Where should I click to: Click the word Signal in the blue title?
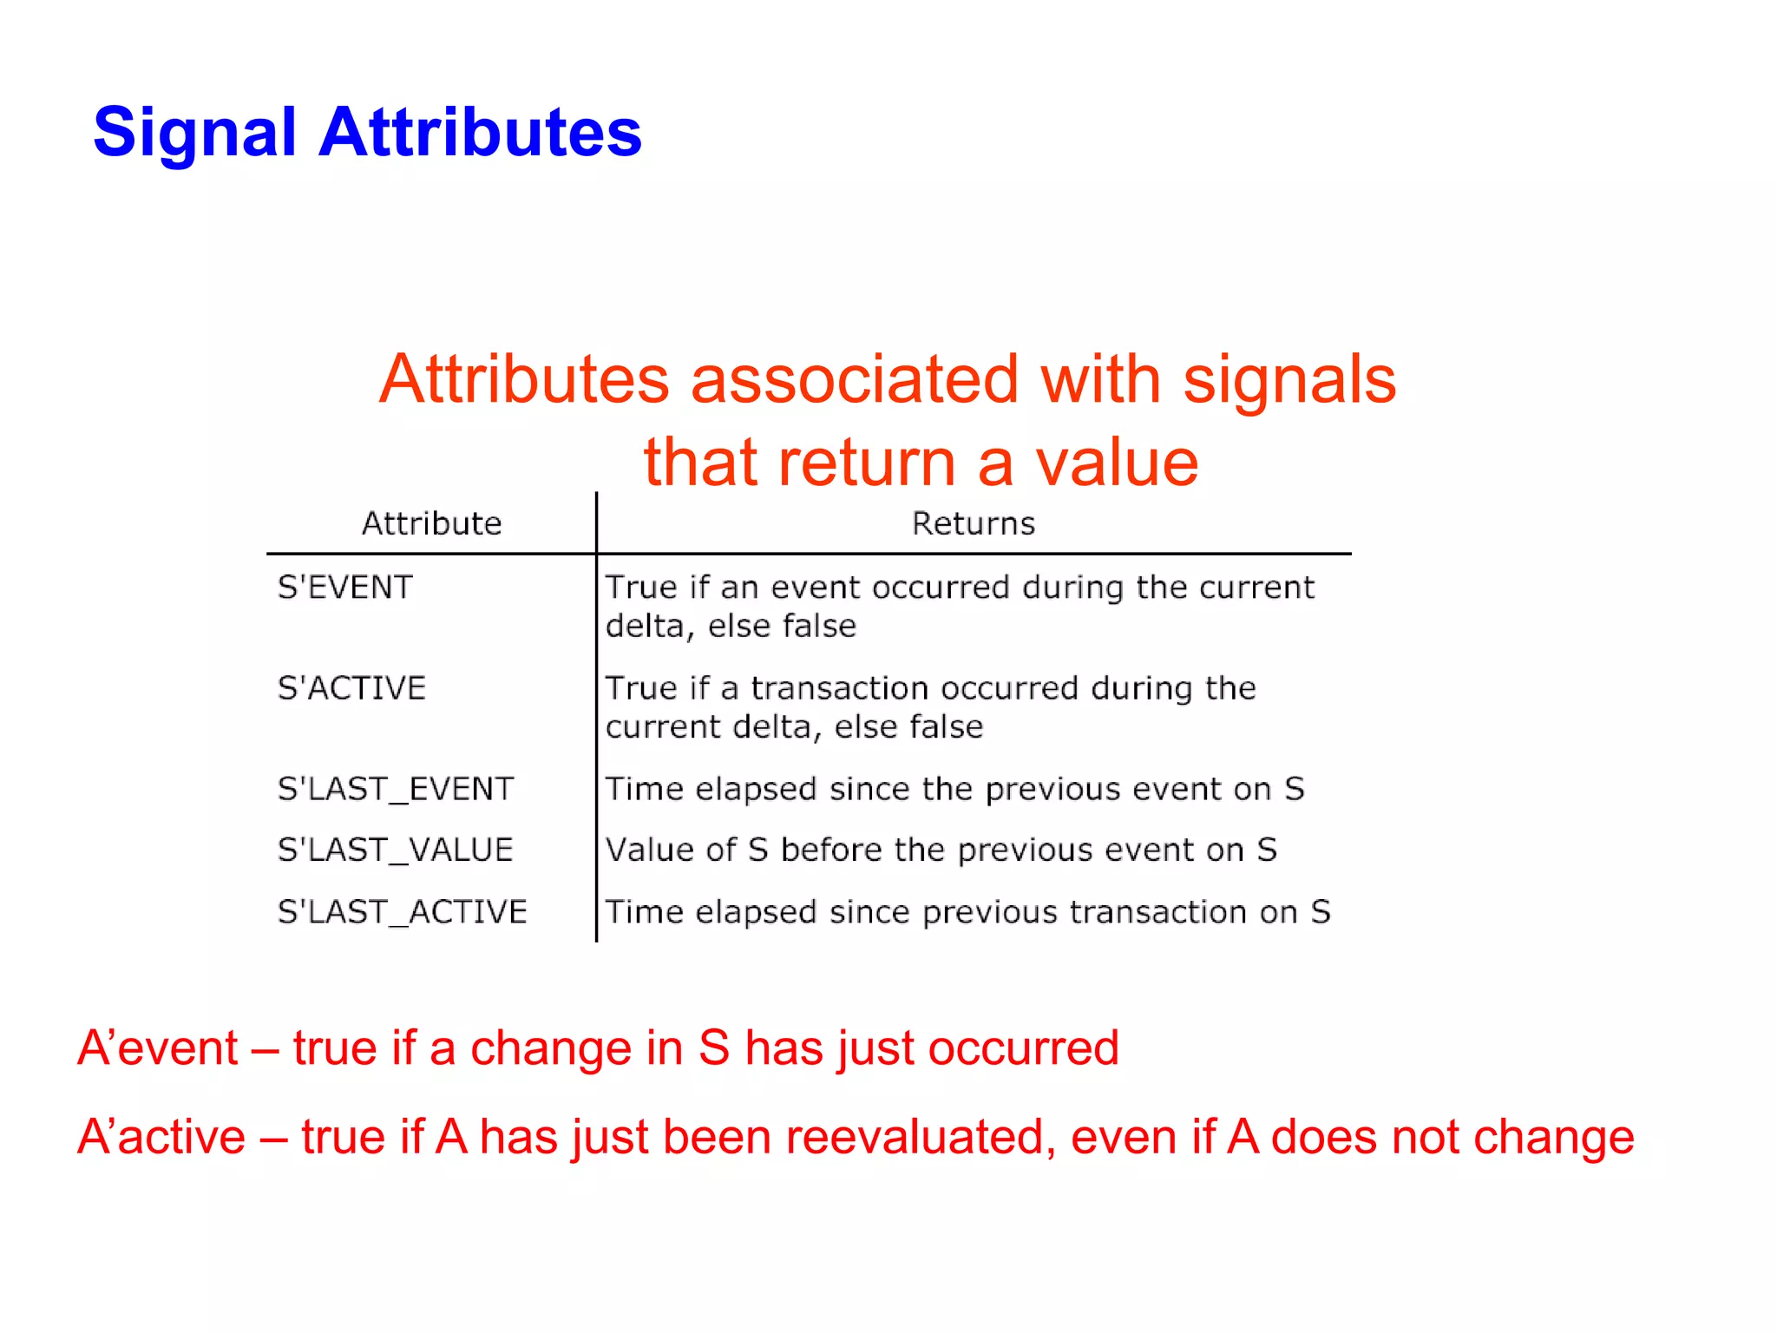pos(194,133)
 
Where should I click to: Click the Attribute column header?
pos(431,524)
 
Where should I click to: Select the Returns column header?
pos(973,524)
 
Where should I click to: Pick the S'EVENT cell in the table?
pos(344,588)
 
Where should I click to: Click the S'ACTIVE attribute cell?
pos(351,688)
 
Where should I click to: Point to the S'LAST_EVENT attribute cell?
pos(396,789)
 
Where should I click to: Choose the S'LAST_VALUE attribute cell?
pos(395,850)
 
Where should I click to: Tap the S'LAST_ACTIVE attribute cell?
pos(402,912)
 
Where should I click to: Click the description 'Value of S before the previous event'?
pos(941,850)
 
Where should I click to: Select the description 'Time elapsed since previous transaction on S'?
pos(967,912)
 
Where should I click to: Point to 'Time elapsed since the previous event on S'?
pos(954,789)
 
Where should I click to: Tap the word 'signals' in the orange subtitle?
pos(1289,380)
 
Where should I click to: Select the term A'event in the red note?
pos(157,1047)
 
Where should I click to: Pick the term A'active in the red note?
pos(161,1137)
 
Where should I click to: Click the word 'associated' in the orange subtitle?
pos(854,380)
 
